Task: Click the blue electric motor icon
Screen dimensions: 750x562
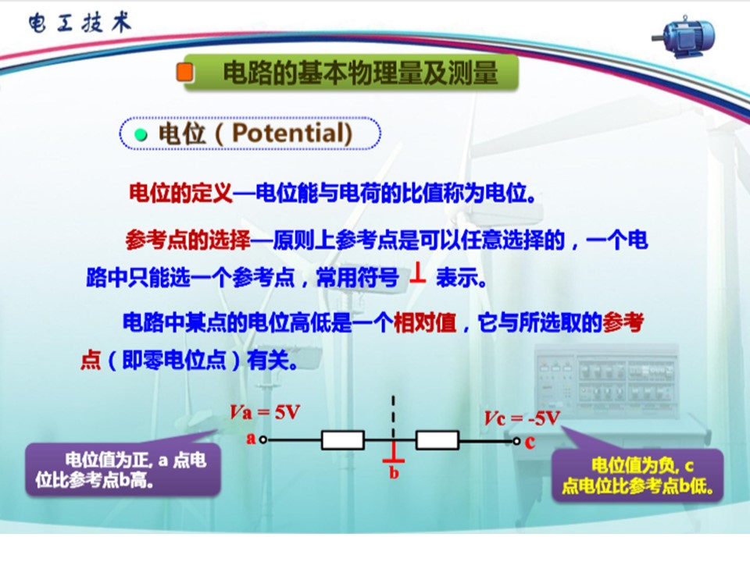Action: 684,37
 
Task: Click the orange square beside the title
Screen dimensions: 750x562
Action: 184,72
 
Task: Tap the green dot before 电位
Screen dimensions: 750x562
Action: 141,135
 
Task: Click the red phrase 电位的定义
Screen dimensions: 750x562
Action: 180,193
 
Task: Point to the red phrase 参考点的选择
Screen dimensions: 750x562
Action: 188,240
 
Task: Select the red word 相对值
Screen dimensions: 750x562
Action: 425,322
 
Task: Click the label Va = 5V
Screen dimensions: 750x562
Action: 265,412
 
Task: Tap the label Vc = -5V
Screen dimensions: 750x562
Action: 521,418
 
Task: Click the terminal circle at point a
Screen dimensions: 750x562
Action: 262,439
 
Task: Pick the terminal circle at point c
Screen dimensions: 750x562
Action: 516,440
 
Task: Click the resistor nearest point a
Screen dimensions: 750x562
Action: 342,440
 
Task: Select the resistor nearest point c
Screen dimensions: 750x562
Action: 437,440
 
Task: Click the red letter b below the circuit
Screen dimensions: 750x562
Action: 394,473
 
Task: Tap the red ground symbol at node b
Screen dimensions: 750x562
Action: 393,452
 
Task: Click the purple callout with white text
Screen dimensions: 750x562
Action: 123,469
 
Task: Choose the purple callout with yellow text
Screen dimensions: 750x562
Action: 637,475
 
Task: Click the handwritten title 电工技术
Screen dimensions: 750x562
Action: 80,23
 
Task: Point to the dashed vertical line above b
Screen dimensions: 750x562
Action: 393,416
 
